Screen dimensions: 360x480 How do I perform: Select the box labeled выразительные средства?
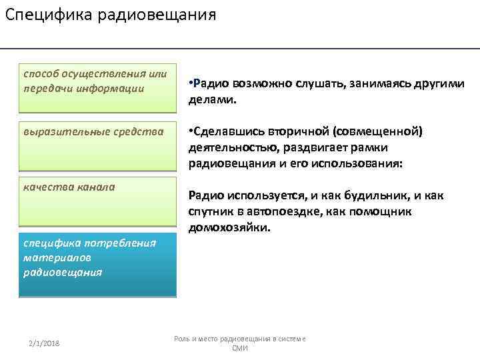(x=97, y=146)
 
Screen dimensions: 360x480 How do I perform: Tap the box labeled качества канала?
(x=97, y=201)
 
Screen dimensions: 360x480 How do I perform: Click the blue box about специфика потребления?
(x=97, y=265)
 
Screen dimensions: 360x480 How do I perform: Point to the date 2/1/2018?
(x=44, y=343)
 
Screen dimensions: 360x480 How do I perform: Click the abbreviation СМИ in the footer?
(x=240, y=348)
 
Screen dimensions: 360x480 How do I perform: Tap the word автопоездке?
(x=289, y=211)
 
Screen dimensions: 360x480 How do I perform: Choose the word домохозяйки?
(x=229, y=227)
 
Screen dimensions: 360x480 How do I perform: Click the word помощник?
(x=381, y=211)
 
